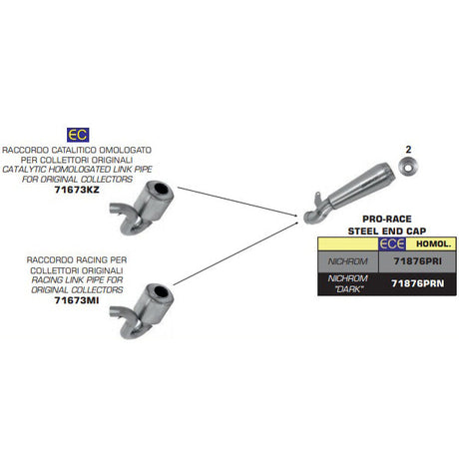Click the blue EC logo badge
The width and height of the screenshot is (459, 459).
[x=78, y=135]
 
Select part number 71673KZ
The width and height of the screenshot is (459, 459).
[x=77, y=190]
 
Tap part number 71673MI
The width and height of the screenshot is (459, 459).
[x=77, y=300]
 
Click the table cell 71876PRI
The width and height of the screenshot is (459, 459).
[x=418, y=261]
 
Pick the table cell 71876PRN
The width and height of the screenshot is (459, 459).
[x=418, y=283]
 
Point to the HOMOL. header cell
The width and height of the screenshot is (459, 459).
[x=434, y=243]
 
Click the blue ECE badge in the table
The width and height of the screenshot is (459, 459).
[x=392, y=243]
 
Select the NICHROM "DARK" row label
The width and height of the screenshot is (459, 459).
[x=348, y=283]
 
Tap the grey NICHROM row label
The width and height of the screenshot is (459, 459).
[x=348, y=261]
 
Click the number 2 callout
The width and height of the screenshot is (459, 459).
[x=408, y=150]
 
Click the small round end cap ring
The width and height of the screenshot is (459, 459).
[x=408, y=167]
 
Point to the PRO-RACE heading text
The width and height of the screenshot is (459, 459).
[x=387, y=219]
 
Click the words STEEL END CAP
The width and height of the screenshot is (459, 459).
[x=387, y=230]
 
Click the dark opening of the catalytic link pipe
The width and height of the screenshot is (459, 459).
[x=162, y=190]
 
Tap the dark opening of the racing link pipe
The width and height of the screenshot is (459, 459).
[x=162, y=292]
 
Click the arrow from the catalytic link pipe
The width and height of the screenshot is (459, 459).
[x=237, y=202]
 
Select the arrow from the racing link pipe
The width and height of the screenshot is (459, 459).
[x=235, y=253]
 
